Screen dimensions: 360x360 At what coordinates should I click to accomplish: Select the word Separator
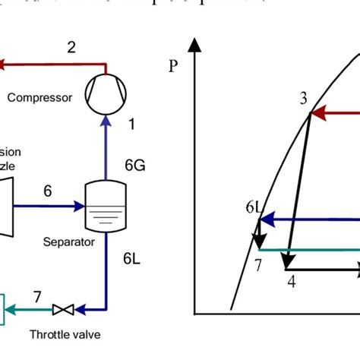(x=69, y=243)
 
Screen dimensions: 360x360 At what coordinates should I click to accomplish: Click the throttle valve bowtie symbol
(x=63, y=309)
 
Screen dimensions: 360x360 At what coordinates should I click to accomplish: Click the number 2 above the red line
(x=71, y=48)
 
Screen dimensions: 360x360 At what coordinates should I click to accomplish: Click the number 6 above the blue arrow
(x=47, y=191)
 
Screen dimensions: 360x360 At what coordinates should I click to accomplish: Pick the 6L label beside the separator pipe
(x=134, y=258)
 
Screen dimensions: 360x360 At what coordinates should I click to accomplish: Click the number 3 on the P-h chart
(x=303, y=98)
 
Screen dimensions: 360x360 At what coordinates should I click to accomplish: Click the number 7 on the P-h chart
(x=258, y=264)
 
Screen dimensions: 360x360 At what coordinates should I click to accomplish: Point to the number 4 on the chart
(x=291, y=281)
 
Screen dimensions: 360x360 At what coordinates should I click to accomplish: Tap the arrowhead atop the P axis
(x=196, y=46)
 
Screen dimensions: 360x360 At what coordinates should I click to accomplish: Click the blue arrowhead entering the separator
(x=78, y=205)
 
